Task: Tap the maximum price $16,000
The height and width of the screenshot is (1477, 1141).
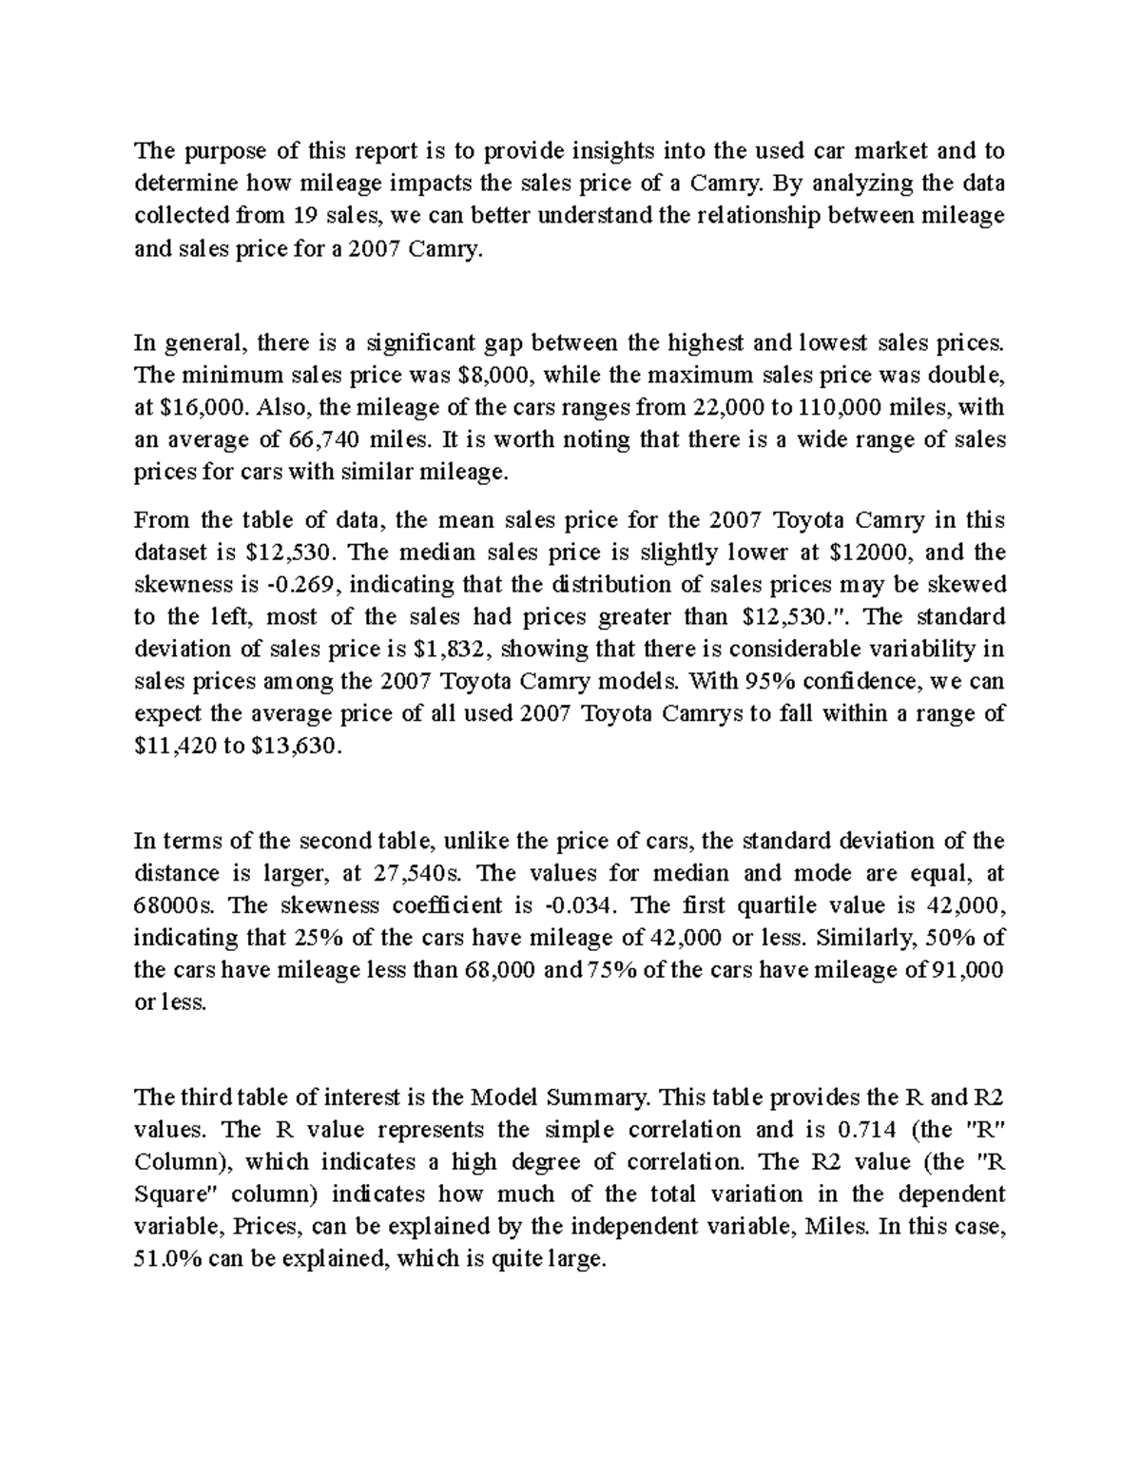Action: [x=194, y=407]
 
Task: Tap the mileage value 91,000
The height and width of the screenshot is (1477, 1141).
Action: [x=965, y=970]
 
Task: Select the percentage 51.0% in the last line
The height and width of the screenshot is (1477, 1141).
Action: [x=166, y=1259]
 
